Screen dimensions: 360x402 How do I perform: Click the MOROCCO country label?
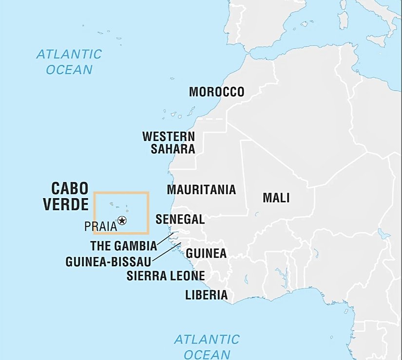216,92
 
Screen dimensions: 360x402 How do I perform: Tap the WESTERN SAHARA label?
169,142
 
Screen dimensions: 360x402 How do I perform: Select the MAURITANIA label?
201,189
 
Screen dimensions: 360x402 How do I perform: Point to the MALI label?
276,198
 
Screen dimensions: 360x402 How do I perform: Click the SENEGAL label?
180,220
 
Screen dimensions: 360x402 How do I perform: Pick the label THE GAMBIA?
123,245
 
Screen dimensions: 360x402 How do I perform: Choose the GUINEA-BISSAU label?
108,261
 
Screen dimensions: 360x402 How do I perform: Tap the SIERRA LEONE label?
166,276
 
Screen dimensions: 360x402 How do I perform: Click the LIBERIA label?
206,295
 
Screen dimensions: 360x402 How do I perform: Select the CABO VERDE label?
66,196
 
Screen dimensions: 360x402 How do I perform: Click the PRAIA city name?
100,226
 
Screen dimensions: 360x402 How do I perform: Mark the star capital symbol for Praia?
122,221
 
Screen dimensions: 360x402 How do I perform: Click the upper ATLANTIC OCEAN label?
69,61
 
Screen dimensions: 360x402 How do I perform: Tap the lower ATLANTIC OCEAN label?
207,346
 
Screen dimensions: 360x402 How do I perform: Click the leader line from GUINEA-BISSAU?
166,251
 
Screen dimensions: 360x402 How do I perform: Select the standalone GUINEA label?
206,254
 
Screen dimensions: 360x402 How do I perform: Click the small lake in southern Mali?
257,213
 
